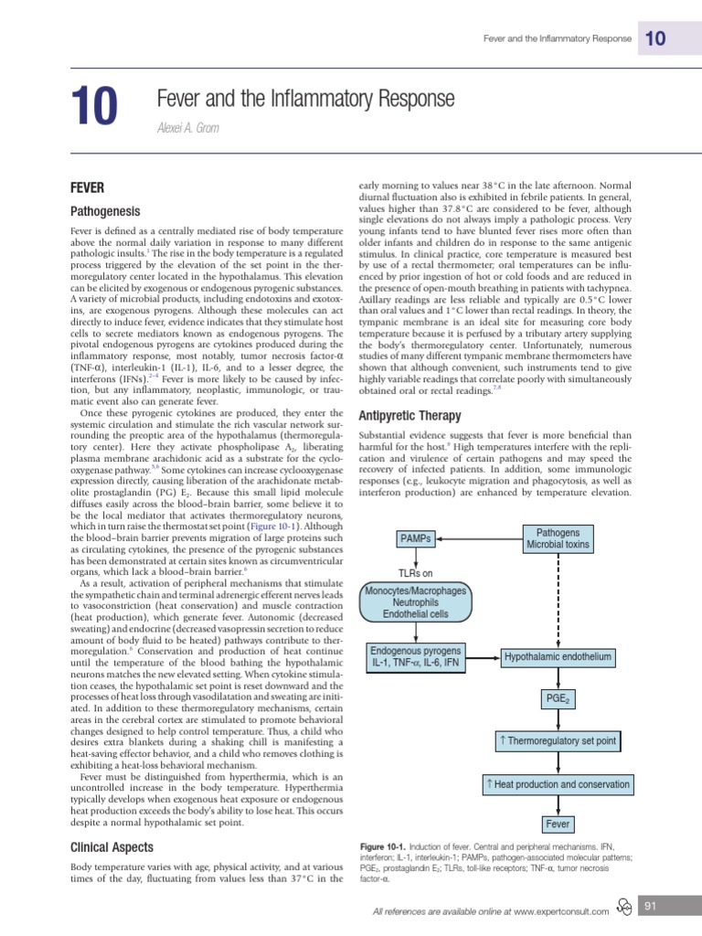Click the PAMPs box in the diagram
coord(415,539)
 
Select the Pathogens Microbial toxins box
coord(558,538)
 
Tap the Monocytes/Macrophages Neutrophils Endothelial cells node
coord(415,603)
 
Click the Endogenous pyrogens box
coord(416,655)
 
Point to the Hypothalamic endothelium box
coord(558,657)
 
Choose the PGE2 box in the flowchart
coord(558,699)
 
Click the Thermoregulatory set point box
coord(558,740)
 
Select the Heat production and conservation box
coord(558,784)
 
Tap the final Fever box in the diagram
coord(558,824)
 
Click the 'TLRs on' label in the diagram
coord(415,573)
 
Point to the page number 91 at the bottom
coord(652,906)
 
